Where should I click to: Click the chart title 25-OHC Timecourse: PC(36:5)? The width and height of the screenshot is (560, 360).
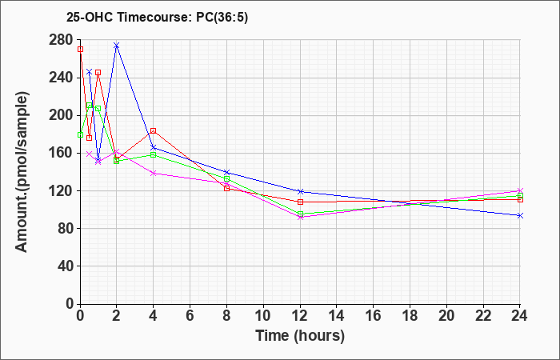[x=157, y=18]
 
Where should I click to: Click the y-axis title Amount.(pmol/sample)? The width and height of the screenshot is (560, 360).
[x=22, y=172]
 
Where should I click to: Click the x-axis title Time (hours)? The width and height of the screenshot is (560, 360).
[x=300, y=336]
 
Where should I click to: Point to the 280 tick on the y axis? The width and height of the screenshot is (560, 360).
[x=61, y=40]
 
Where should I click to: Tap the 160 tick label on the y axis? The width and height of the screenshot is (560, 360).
[x=61, y=153]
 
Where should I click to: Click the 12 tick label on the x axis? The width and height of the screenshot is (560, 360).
[x=300, y=316]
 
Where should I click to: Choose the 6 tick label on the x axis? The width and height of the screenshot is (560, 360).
[x=190, y=316]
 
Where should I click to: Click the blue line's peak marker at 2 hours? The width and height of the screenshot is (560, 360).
[x=117, y=46]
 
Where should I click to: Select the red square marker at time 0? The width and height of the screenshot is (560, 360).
[x=80, y=50]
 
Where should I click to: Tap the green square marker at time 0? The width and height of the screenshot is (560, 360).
[x=80, y=134]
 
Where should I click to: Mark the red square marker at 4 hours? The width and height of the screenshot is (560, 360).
[x=154, y=130]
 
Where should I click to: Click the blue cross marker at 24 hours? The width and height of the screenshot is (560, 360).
[x=520, y=215]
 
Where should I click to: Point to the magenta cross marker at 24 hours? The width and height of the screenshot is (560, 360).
[x=520, y=190]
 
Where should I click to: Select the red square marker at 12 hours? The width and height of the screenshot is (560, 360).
[x=300, y=202]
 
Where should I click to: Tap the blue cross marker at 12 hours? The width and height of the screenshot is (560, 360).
[x=300, y=191]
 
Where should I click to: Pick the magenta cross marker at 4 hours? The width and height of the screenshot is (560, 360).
[x=154, y=174]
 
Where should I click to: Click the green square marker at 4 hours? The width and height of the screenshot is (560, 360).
[x=154, y=154]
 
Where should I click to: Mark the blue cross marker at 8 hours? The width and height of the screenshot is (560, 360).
[x=226, y=172]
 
